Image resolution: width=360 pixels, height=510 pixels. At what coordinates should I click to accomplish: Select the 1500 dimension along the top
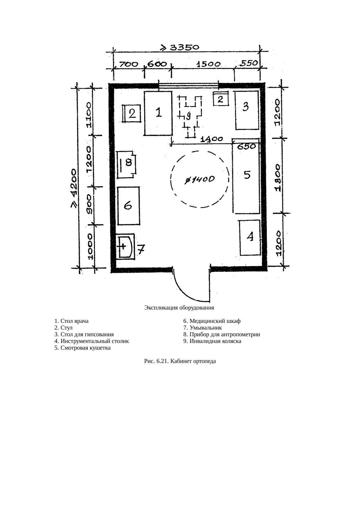click(209, 64)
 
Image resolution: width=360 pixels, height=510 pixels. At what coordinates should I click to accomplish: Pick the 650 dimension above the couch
click(246, 147)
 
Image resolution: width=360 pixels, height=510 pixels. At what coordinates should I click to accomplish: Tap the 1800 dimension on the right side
click(278, 178)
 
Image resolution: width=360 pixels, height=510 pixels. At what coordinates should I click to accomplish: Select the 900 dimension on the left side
click(89, 205)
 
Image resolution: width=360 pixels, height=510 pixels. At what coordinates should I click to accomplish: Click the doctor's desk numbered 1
click(158, 113)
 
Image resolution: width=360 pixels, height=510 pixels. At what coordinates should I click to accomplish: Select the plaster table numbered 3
click(247, 110)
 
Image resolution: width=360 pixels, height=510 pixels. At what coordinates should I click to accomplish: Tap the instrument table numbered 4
click(250, 238)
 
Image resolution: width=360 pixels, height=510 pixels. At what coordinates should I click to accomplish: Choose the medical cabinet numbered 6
click(128, 206)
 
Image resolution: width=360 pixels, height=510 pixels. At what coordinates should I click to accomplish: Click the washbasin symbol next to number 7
click(125, 246)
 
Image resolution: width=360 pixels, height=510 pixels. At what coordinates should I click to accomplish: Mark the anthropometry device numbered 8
click(127, 164)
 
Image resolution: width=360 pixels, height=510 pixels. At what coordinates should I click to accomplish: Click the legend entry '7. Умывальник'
click(202, 328)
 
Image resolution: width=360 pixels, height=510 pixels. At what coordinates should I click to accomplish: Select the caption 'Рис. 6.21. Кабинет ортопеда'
click(180, 361)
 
